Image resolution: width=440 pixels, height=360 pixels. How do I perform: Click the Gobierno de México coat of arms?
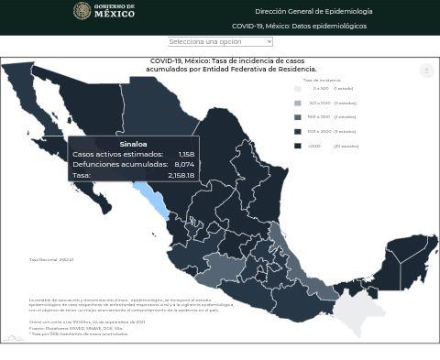(82, 11)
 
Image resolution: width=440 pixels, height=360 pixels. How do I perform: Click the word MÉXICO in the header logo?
(115, 14)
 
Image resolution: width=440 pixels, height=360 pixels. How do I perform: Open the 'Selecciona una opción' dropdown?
(220, 41)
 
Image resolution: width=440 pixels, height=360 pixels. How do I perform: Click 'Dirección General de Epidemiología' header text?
(313, 11)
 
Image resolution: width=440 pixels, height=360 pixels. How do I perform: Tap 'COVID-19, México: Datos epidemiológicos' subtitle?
(299, 26)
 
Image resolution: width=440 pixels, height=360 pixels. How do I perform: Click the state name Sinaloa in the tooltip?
(133, 144)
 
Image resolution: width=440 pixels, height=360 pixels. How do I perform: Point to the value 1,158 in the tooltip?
(186, 154)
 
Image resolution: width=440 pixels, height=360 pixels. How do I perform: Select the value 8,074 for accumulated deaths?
(184, 164)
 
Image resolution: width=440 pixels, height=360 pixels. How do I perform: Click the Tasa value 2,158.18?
(181, 174)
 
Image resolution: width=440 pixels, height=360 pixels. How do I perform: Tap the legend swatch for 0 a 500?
(297, 89)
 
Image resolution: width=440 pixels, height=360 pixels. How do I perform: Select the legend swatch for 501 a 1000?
(297, 103)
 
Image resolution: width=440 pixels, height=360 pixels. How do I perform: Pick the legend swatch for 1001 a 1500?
(297, 117)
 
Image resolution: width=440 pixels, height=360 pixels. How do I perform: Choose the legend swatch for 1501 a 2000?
(297, 131)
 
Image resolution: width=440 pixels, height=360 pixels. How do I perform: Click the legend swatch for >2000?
(297, 146)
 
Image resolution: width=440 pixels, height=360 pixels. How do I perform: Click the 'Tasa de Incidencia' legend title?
(322, 80)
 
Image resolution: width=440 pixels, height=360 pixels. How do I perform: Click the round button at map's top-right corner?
(426, 71)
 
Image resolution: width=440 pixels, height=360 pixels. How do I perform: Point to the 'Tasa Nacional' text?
(50, 259)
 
